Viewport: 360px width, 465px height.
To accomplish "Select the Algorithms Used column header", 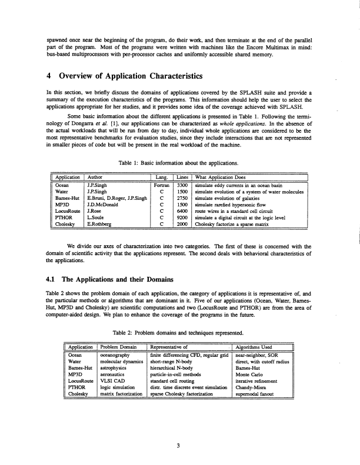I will pos(257,347).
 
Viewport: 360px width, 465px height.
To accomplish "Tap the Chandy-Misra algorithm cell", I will pos(254,387).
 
